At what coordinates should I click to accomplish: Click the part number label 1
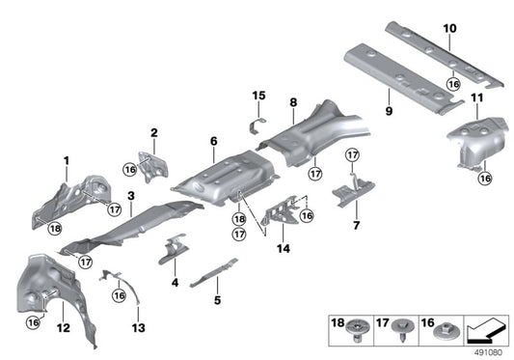tap(67, 159)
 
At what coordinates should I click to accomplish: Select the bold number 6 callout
tap(213, 141)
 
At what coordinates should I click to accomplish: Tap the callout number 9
tap(392, 96)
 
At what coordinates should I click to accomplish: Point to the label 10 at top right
tap(449, 28)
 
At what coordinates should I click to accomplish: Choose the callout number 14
tap(282, 248)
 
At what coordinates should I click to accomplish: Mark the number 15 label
tap(258, 95)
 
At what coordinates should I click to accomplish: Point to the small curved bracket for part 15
tap(257, 124)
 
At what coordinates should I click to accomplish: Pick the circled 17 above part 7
tap(352, 154)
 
